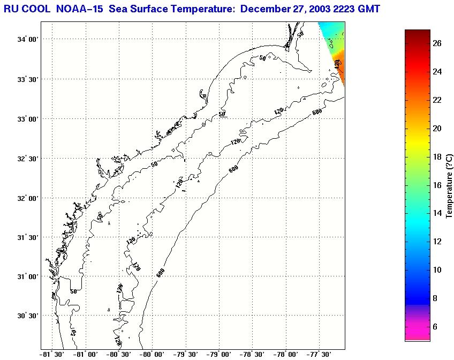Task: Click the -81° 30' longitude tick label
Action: point(52,354)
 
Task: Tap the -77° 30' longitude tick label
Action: point(319,354)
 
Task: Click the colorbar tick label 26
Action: point(437,44)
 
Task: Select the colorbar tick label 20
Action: point(437,129)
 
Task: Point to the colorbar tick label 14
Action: point(437,213)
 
